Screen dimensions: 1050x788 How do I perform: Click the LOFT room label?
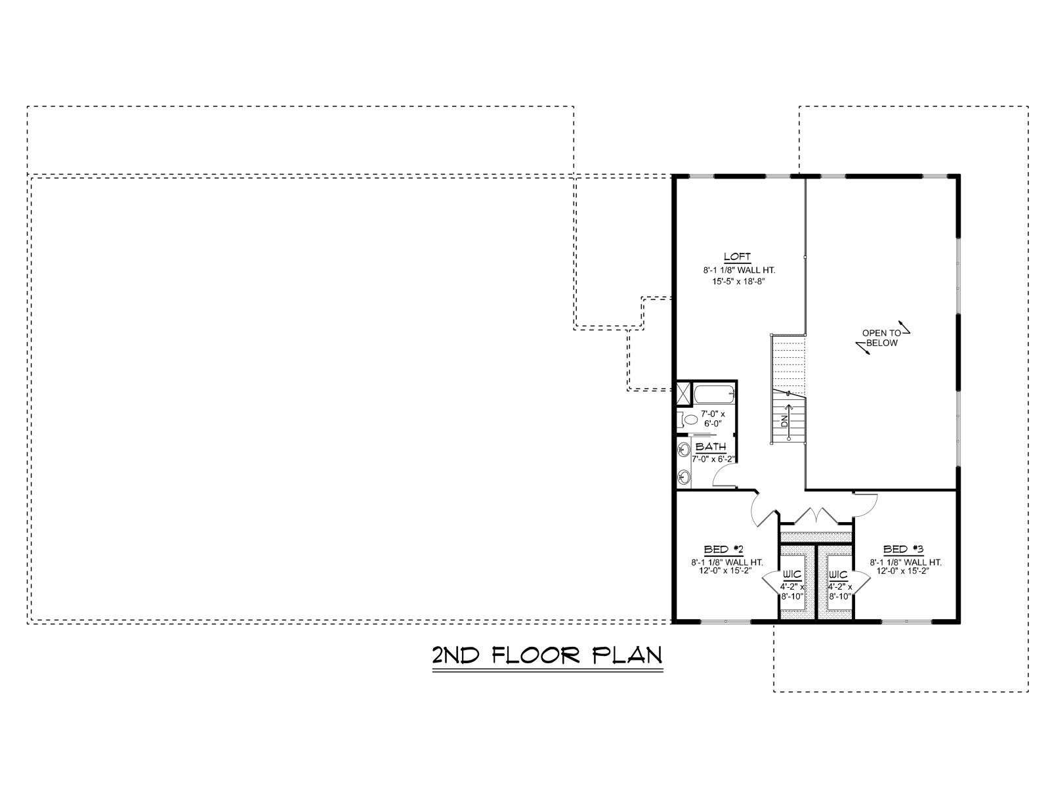point(737,257)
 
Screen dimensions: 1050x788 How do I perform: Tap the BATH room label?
point(710,447)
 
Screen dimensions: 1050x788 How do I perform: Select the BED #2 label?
point(723,549)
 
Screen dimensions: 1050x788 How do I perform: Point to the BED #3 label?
point(903,549)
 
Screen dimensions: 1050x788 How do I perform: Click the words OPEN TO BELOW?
point(881,338)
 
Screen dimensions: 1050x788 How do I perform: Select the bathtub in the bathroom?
point(713,394)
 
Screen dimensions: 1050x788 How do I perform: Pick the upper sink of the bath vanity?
point(683,449)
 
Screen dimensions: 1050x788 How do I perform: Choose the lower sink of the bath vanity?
point(683,477)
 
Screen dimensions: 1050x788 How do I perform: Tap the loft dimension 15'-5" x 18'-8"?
point(738,282)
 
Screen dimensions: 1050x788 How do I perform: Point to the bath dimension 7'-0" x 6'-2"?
point(713,459)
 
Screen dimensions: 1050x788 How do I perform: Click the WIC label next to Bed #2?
point(791,575)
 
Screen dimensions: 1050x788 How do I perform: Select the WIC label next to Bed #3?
point(838,575)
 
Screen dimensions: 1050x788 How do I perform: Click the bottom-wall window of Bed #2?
point(725,621)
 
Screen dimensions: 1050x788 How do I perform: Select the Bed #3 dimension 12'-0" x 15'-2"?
point(902,571)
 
